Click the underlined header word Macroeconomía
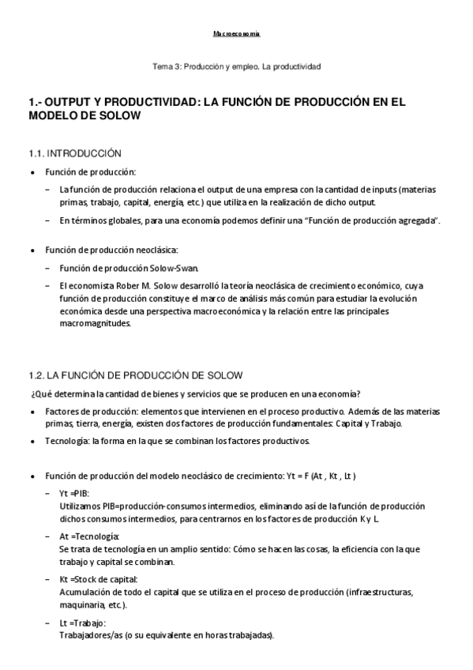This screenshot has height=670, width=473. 236,35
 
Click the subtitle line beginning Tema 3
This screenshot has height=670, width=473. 236,67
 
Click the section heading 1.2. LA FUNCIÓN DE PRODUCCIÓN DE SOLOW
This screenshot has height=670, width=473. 135,375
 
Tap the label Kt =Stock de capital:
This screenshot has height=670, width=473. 98,579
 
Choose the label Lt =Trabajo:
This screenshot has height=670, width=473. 82,623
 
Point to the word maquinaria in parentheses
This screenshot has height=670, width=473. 83,604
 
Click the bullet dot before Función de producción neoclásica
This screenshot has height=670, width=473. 32,250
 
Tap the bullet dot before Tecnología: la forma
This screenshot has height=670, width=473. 32,441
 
